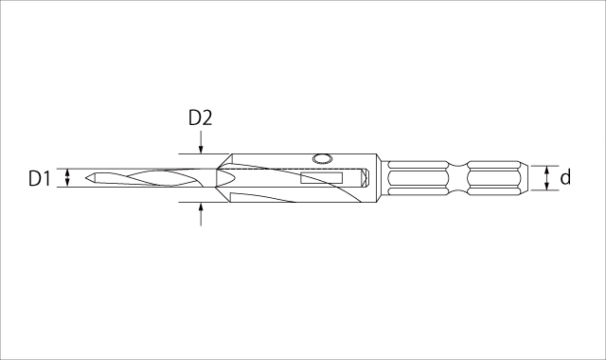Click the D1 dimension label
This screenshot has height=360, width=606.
coord(40,179)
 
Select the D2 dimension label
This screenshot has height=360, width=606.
coord(200,117)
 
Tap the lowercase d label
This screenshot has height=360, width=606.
coord(565,177)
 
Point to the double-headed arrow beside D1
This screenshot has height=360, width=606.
coord(67,178)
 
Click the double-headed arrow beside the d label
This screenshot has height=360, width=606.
coord(546,178)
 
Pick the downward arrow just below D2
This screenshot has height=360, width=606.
coord(201,142)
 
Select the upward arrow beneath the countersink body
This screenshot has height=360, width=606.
coord(201,214)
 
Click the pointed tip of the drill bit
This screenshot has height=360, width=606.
coord(86,178)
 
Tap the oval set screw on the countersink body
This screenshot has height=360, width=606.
coord(322,158)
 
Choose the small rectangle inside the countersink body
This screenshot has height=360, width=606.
coord(322,178)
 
